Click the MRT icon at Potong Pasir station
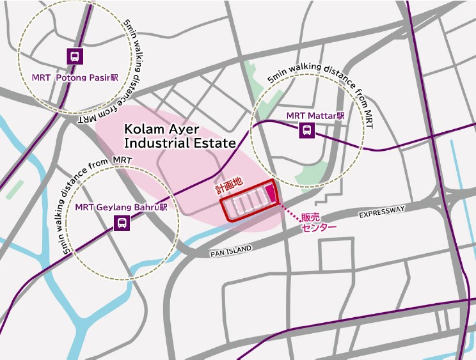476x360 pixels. [75, 56]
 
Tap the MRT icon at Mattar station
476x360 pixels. [308, 130]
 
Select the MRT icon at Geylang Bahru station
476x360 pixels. [120, 223]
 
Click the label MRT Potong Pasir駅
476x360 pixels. [75, 77]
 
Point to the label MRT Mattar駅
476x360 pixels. [315, 116]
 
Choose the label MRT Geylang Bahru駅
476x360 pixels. [121, 207]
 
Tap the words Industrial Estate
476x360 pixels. [180, 143]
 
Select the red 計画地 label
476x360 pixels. [228, 182]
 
